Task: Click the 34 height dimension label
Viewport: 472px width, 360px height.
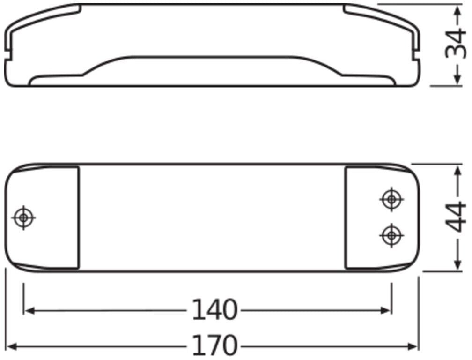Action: (456, 43)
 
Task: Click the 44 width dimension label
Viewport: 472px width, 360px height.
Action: (456, 217)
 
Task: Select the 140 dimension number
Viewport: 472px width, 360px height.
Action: (214, 309)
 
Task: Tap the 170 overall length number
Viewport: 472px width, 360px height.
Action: (214, 345)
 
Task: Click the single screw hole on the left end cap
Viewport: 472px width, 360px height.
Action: (23, 217)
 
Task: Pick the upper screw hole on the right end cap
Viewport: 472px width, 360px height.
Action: (391, 199)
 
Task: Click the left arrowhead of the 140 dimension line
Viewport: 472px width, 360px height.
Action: (29, 310)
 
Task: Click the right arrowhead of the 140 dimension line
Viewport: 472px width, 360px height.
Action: (386, 310)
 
